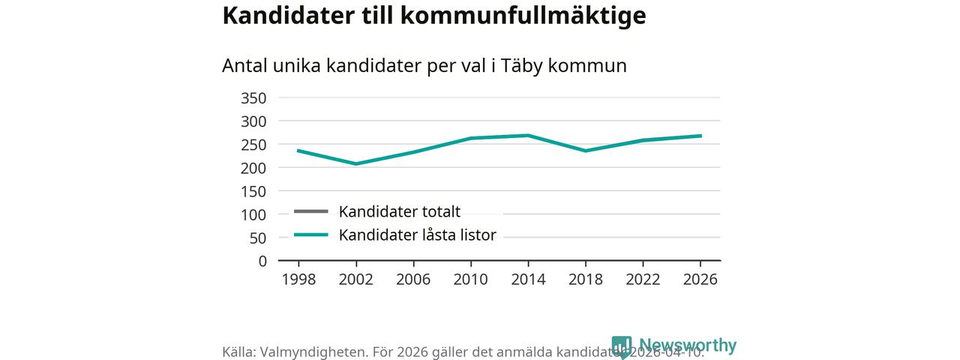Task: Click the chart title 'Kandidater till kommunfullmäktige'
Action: [x=433, y=16]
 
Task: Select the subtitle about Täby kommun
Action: [x=424, y=66]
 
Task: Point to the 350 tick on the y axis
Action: [x=253, y=98]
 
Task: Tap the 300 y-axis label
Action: [x=253, y=121]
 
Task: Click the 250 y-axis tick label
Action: [x=253, y=145]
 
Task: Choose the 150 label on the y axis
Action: [x=253, y=191]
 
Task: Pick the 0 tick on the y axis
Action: [x=262, y=261]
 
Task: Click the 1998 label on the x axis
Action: [x=298, y=280]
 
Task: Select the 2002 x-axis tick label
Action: [x=355, y=280]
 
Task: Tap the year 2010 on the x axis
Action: [x=470, y=280]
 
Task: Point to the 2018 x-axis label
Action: [x=586, y=280]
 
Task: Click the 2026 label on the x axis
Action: [x=700, y=280]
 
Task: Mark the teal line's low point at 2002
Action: [x=355, y=163]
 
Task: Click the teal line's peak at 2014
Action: [x=528, y=136]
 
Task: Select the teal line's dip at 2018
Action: [x=586, y=151]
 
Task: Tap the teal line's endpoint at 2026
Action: [x=700, y=136]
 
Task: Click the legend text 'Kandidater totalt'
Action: [x=399, y=211]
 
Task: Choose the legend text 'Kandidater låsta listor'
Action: [x=417, y=235]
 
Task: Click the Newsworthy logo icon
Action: [x=622, y=346]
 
